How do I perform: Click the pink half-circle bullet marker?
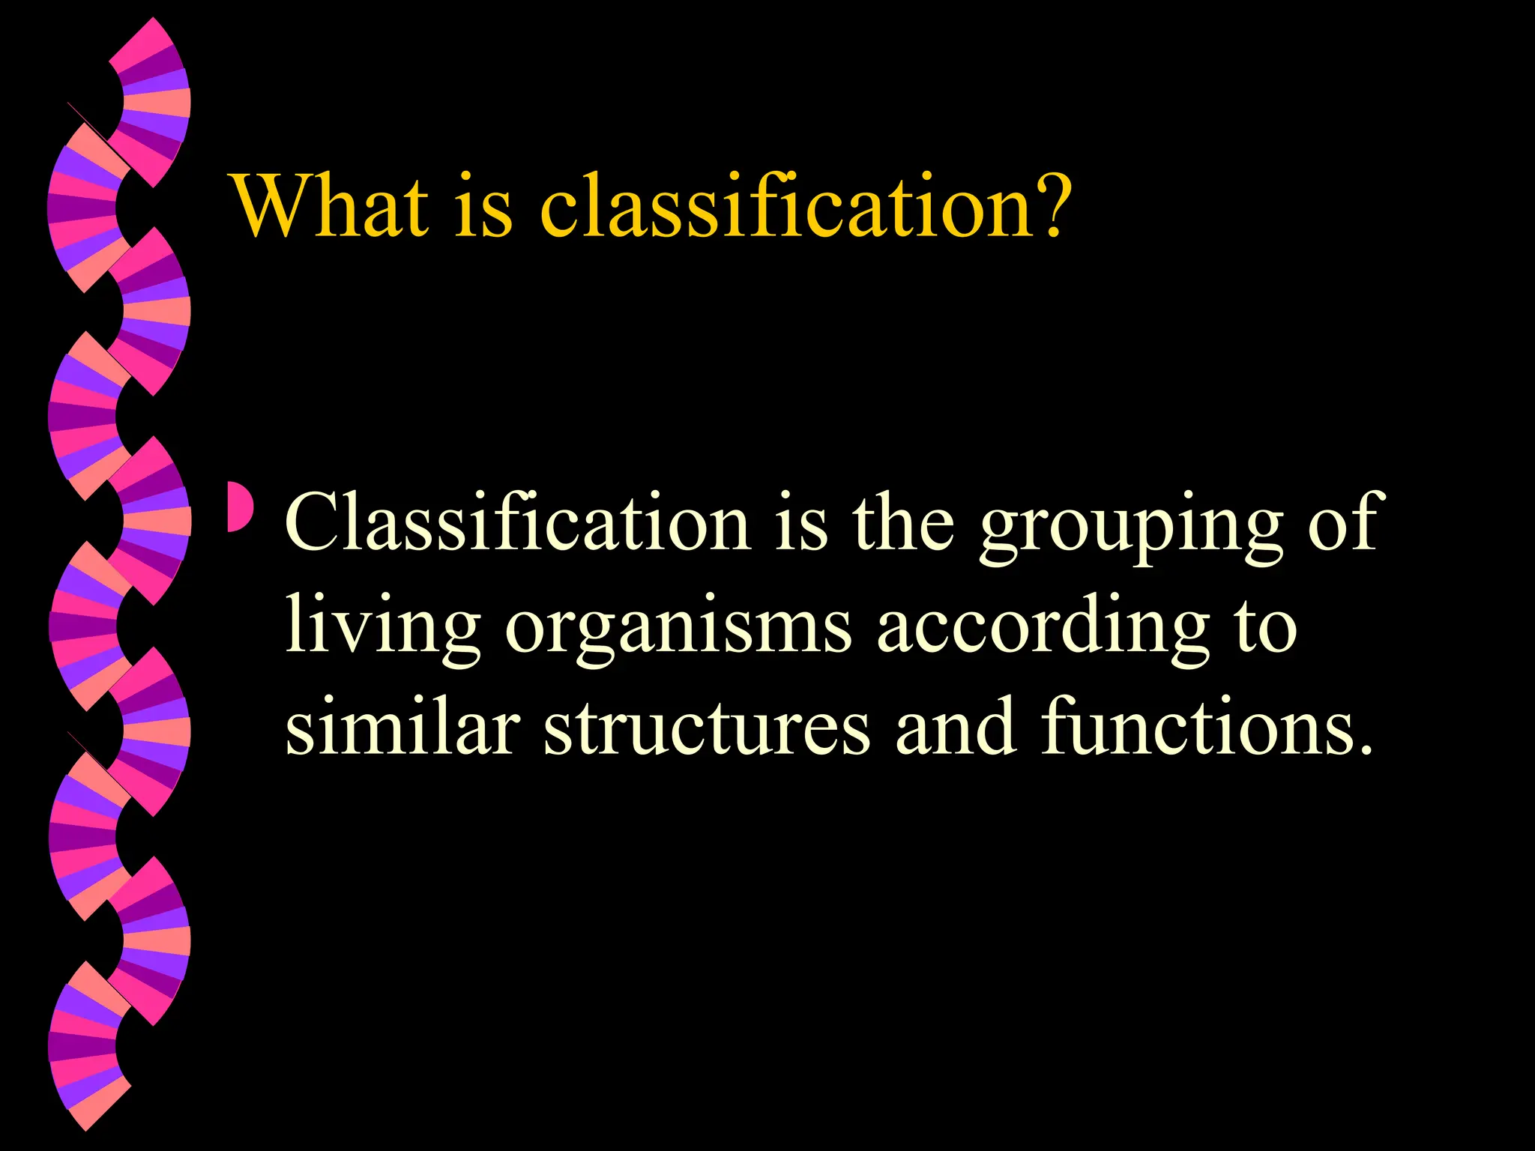click(x=240, y=508)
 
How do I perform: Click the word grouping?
click(x=1131, y=528)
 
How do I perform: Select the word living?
click(x=383, y=629)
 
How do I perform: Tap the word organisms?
click(x=678, y=629)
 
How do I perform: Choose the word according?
click(x=1043, y=629)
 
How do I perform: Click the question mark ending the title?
click(x=1046, y=205)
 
